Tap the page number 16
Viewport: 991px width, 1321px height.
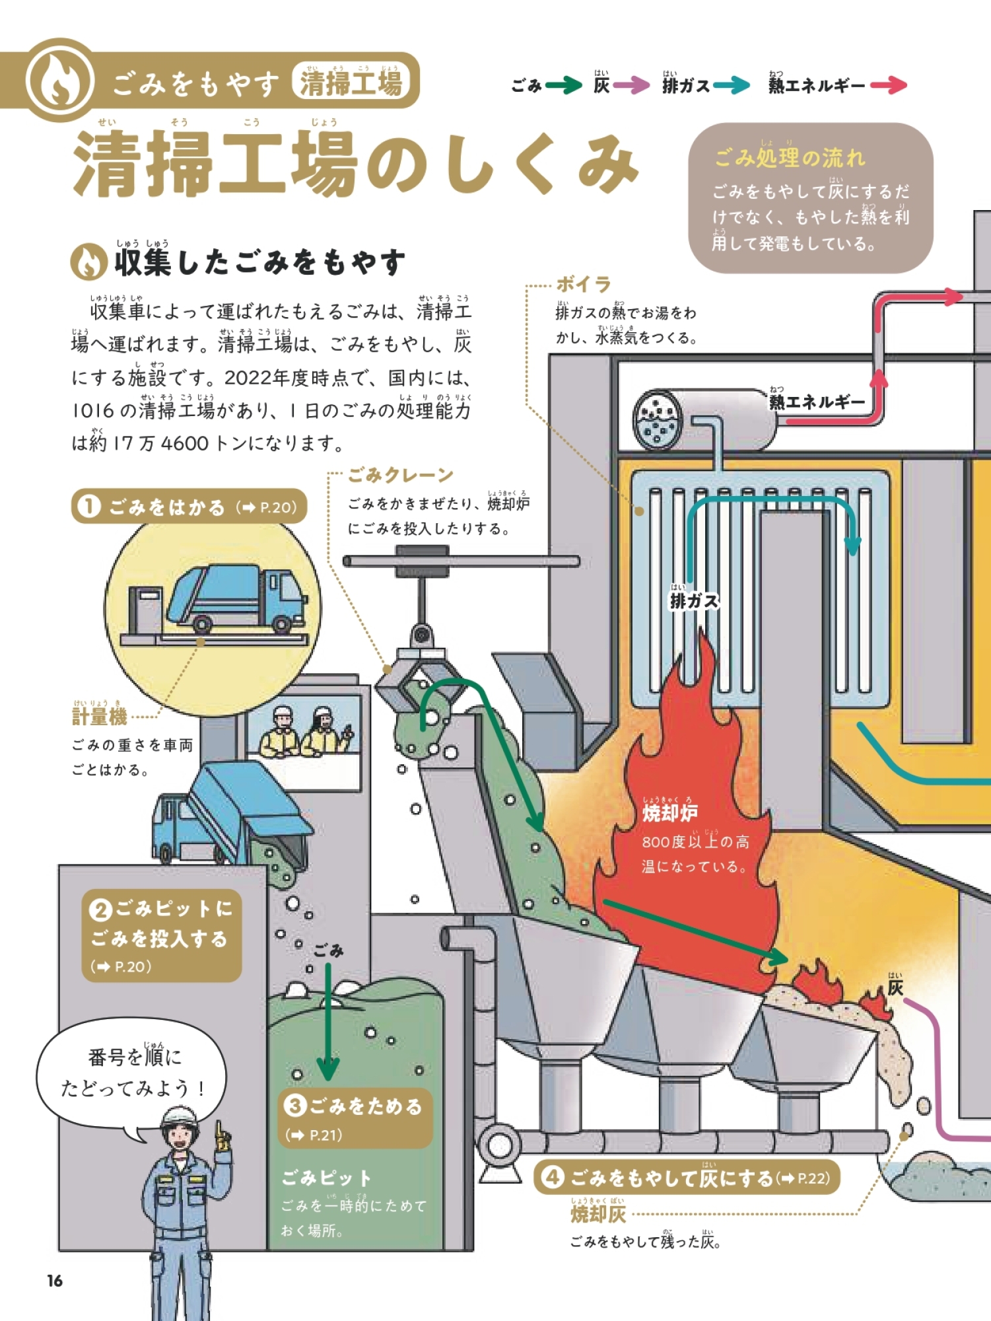[54, 1281]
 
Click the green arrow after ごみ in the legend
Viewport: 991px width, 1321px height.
[564, 85]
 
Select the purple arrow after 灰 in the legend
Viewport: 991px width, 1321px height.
[631, 85]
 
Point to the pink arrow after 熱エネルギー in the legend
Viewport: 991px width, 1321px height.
[889, 85]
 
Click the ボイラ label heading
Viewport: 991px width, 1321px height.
[583, 285]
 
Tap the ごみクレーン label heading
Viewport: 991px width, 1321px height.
[400, 475]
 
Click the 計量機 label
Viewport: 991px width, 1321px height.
[99, 716]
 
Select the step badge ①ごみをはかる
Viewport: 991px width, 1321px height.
[189, 507]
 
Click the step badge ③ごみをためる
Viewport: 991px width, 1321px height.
[355, 1118]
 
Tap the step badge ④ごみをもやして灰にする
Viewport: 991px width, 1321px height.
[687, 1177]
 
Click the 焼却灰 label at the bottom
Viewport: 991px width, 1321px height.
[598, 1213]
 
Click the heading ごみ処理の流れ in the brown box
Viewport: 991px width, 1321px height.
[790, 157]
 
